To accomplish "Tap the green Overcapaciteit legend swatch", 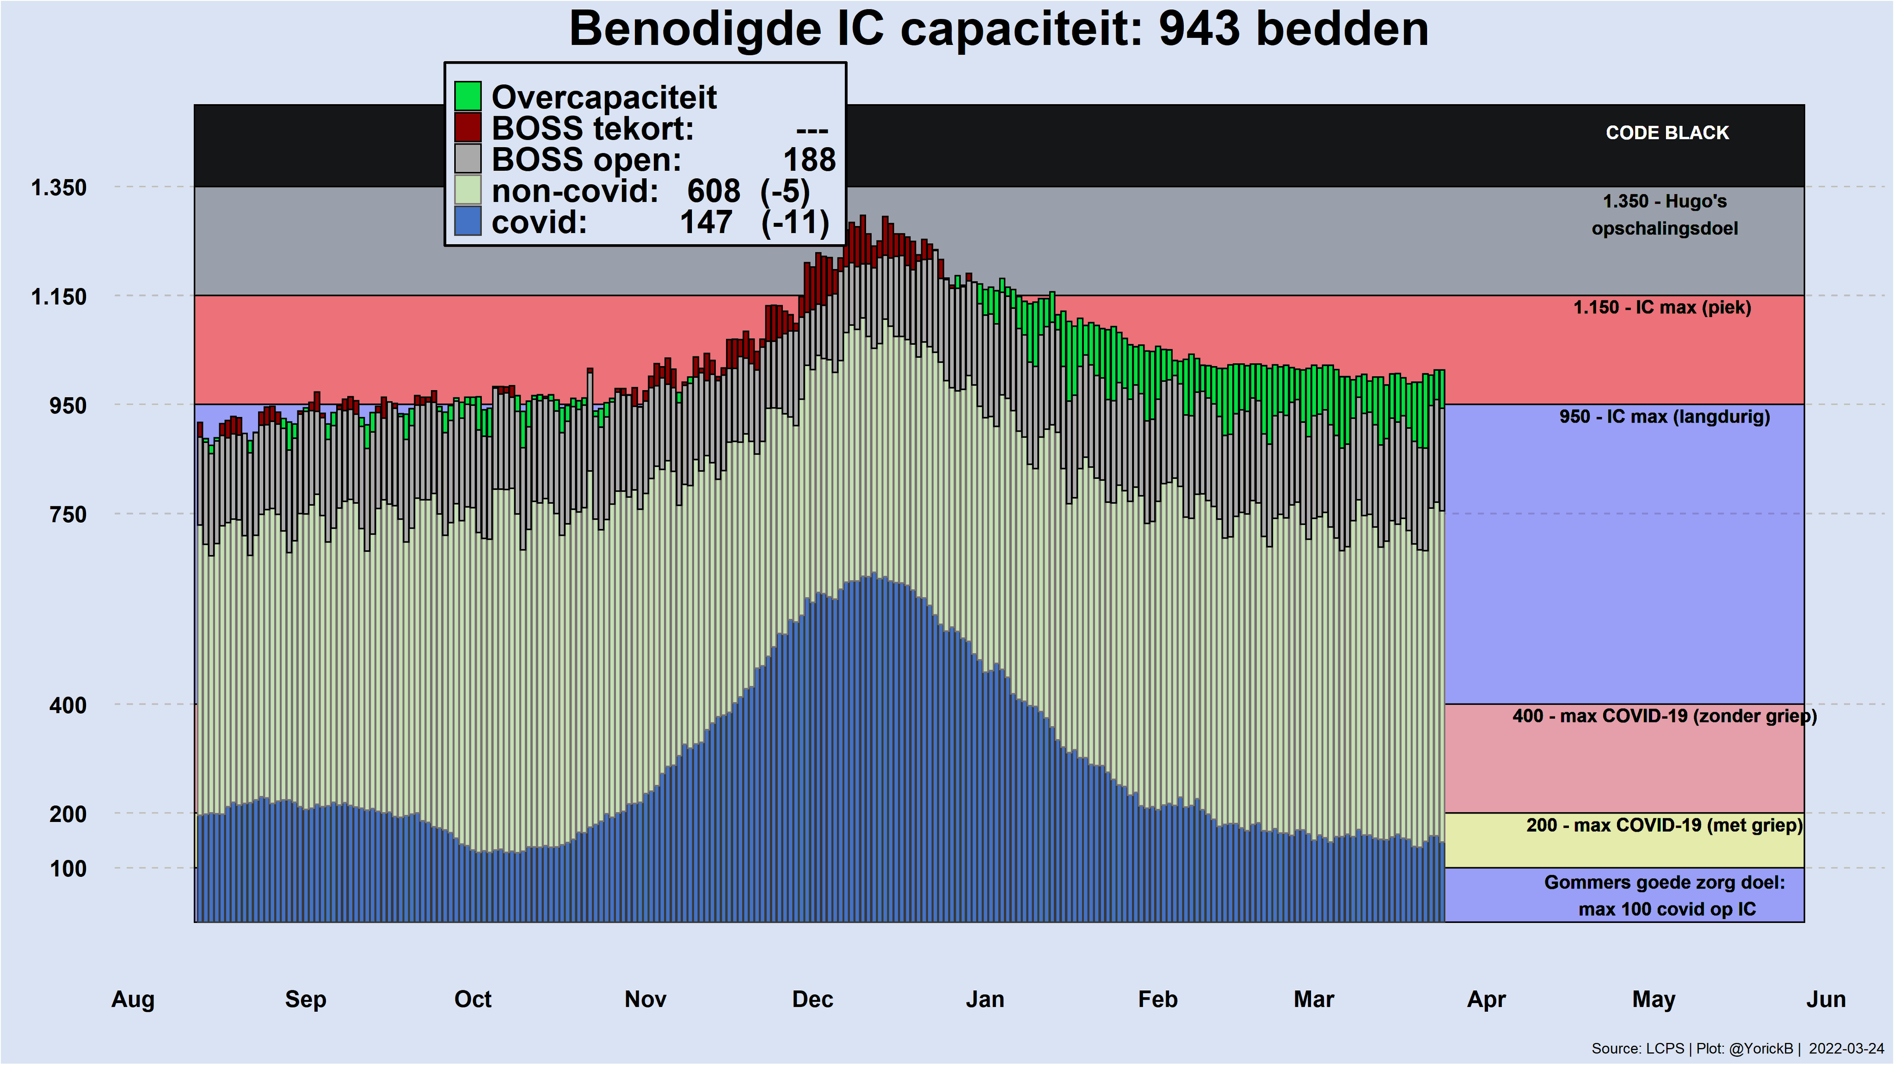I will [467, 96].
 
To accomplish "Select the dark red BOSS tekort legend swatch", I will [467, 127].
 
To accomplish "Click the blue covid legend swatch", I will [467, 221].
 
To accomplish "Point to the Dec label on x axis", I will [812, 999].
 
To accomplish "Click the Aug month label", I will [133, 999].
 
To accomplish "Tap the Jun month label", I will [1826, 999].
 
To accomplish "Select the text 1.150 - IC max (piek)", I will [1662, 307].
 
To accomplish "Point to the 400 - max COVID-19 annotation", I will [1664, 716].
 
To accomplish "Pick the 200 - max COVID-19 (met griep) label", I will [1664, 826].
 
